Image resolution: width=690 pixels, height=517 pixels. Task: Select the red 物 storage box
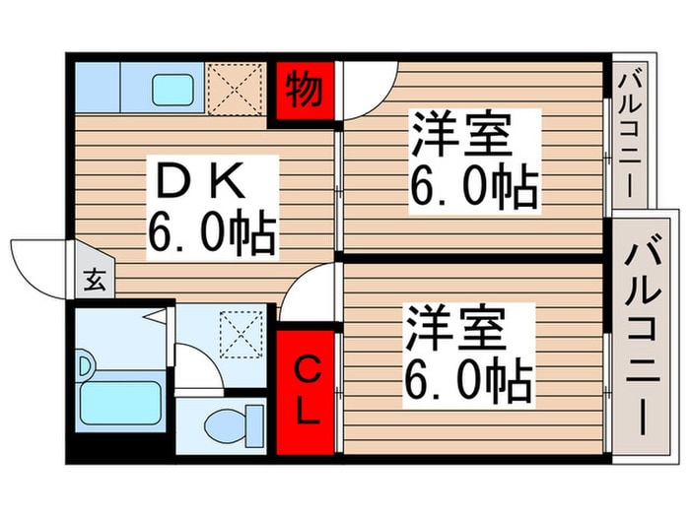coord(304,92)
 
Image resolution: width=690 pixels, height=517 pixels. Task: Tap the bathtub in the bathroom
coord(119,403)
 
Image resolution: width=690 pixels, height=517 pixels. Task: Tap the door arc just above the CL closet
coord(309,293)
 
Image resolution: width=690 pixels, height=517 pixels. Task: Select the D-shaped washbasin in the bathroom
coord(86,365)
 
